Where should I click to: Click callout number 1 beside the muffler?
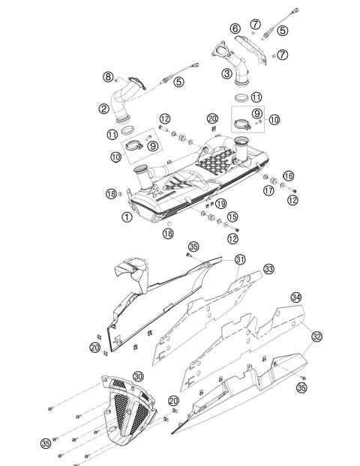[x=127, y=217]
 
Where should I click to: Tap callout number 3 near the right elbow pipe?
[x=226, y=73]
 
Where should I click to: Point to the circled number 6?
[x=235, y=28]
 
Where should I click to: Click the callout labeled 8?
[x=108, y=76]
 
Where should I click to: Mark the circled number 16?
[x=288, y=175]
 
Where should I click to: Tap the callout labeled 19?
[x=220, y=204]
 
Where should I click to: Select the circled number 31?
[x=240, y=260]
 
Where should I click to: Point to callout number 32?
[x=317, y=336]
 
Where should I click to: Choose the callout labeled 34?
[x=295, y=297]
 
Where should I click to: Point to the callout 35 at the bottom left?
[x=46, y=444]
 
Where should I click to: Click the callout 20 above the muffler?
[x=212, y=119]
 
